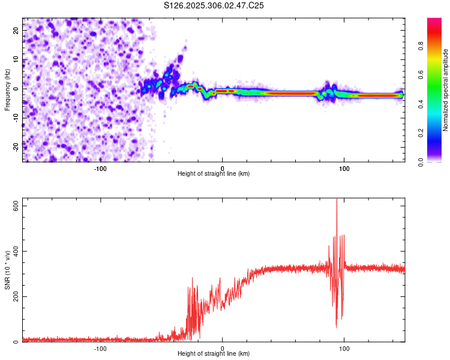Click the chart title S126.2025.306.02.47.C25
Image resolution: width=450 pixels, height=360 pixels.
pos(214,5)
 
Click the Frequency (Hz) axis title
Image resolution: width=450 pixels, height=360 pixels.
pos(7,89)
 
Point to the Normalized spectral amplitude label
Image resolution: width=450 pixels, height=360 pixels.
pos(446,90)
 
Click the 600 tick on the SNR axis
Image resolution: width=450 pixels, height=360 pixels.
pos(16,205)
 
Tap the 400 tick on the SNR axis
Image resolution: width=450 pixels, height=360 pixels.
pos(16,251)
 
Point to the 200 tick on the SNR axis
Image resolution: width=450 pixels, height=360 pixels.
pos(16,296)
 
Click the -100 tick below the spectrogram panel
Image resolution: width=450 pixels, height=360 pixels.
pos(100,168)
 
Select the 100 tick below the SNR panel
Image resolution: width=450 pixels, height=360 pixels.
pos(344,348)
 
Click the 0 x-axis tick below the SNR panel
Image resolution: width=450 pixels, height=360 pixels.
pos(223,348)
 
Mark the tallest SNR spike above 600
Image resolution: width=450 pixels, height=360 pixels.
pos(337,201)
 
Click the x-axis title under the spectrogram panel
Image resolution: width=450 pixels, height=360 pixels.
pos(214,174)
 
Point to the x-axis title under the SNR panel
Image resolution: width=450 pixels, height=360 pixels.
pos(214,354)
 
